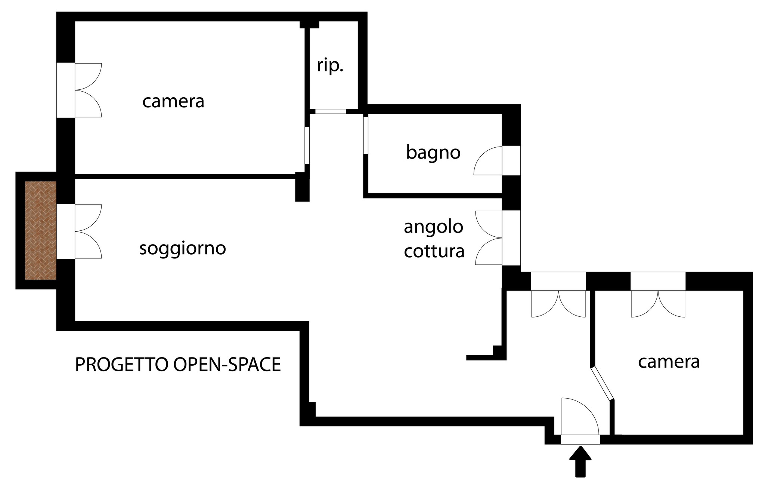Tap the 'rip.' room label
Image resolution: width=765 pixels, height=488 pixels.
[x=330, y=66]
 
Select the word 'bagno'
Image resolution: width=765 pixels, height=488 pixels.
[x=433, y=153]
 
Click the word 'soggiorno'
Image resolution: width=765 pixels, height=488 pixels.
[x=183, y=249]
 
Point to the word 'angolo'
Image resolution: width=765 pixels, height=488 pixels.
[x=434, y=227]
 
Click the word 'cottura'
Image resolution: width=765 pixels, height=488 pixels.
[x=434, y=251]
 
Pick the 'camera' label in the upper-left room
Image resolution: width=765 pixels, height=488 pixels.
[x=173, y=101]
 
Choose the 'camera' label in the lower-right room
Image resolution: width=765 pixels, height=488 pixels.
[x=669, y=362]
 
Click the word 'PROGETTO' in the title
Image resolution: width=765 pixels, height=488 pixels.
[x=121, y=365]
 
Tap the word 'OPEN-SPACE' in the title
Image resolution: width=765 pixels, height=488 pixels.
[x=227, y=365]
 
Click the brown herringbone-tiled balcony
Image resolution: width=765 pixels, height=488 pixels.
[x=41, y=230]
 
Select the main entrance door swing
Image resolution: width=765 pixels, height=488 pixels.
[x=580, y=417]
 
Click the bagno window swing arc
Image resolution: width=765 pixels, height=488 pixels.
[x=488, y=160]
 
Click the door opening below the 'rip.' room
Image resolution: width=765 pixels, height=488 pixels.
[x=331, y=111]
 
